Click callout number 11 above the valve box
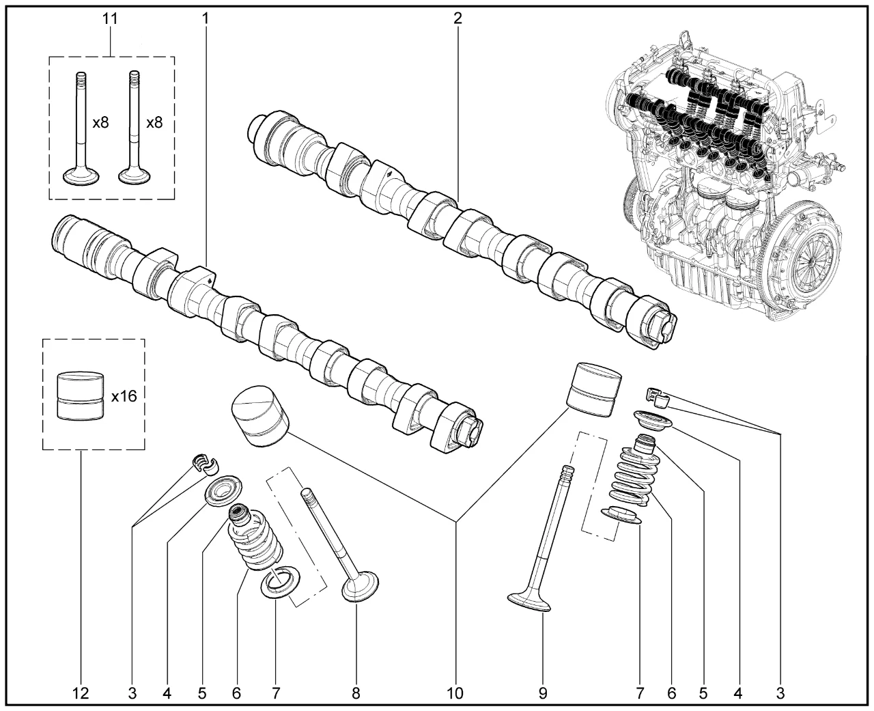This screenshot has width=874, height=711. click(x=110, y=18)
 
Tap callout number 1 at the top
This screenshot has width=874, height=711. click(x=205, y=18)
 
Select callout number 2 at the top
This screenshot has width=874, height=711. click(x=457, y=18)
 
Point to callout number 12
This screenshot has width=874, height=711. click(x=81, y=694)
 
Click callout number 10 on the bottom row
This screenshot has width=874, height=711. click(x=455, y=694)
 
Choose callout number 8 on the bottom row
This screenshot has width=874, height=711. click(x=356, y=694)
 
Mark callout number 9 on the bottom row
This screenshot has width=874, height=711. click(x=543, y=694)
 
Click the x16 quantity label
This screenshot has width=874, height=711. click(x=124, y=396)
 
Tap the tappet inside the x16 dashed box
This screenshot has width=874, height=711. click(x=81, y=395)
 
